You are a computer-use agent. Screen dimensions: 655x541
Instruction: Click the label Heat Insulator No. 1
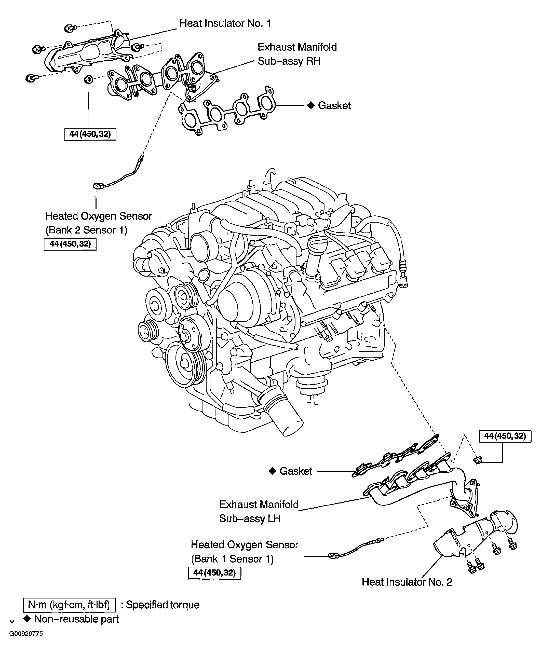pos(225,23)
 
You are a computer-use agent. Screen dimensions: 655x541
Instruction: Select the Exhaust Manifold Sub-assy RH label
pos(297,54)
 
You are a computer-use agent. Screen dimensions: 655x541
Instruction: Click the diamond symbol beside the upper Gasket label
pos(311,105)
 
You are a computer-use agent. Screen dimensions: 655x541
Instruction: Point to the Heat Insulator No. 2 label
pos(407,582)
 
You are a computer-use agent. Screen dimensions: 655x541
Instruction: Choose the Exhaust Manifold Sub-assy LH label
pos(259,511)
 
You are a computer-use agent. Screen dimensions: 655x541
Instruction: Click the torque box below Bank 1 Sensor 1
pos(214,572)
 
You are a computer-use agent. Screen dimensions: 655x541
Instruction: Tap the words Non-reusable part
pos(76,619)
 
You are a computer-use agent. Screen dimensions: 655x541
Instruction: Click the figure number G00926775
pos(26,634)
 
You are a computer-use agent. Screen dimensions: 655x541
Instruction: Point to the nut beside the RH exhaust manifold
pos(88,79)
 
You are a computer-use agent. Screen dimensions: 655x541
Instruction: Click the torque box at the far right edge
pos(505,436)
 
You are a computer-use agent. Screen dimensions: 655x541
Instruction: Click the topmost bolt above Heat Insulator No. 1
pos(70,28)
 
